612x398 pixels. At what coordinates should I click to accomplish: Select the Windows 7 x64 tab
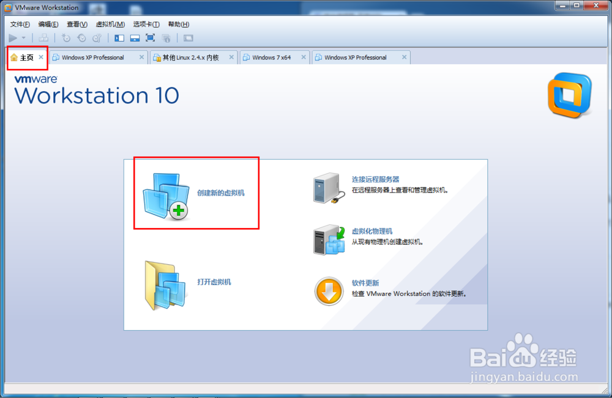271,57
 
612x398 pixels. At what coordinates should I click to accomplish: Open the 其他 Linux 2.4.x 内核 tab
190,57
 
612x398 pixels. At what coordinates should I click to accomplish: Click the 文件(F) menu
20,24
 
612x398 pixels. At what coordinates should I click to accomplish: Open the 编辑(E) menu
48,24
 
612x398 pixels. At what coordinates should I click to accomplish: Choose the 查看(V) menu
77,24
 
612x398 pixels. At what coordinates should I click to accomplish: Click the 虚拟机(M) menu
110,24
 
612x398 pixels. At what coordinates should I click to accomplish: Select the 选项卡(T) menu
146,24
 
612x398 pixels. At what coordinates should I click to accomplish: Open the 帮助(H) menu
179,24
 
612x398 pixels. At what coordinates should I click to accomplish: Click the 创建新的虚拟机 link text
221,193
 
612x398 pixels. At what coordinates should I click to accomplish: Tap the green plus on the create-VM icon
178,211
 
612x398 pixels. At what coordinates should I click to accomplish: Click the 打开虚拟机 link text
214,282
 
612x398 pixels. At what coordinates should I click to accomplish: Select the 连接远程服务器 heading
376,179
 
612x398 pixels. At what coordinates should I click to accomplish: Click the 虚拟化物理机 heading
372,231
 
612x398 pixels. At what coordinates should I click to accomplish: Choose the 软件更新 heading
365,283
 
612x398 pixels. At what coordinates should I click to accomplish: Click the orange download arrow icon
329,291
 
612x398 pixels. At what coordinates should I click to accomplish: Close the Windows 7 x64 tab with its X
304,57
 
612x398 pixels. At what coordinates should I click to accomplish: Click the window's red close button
596,6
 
